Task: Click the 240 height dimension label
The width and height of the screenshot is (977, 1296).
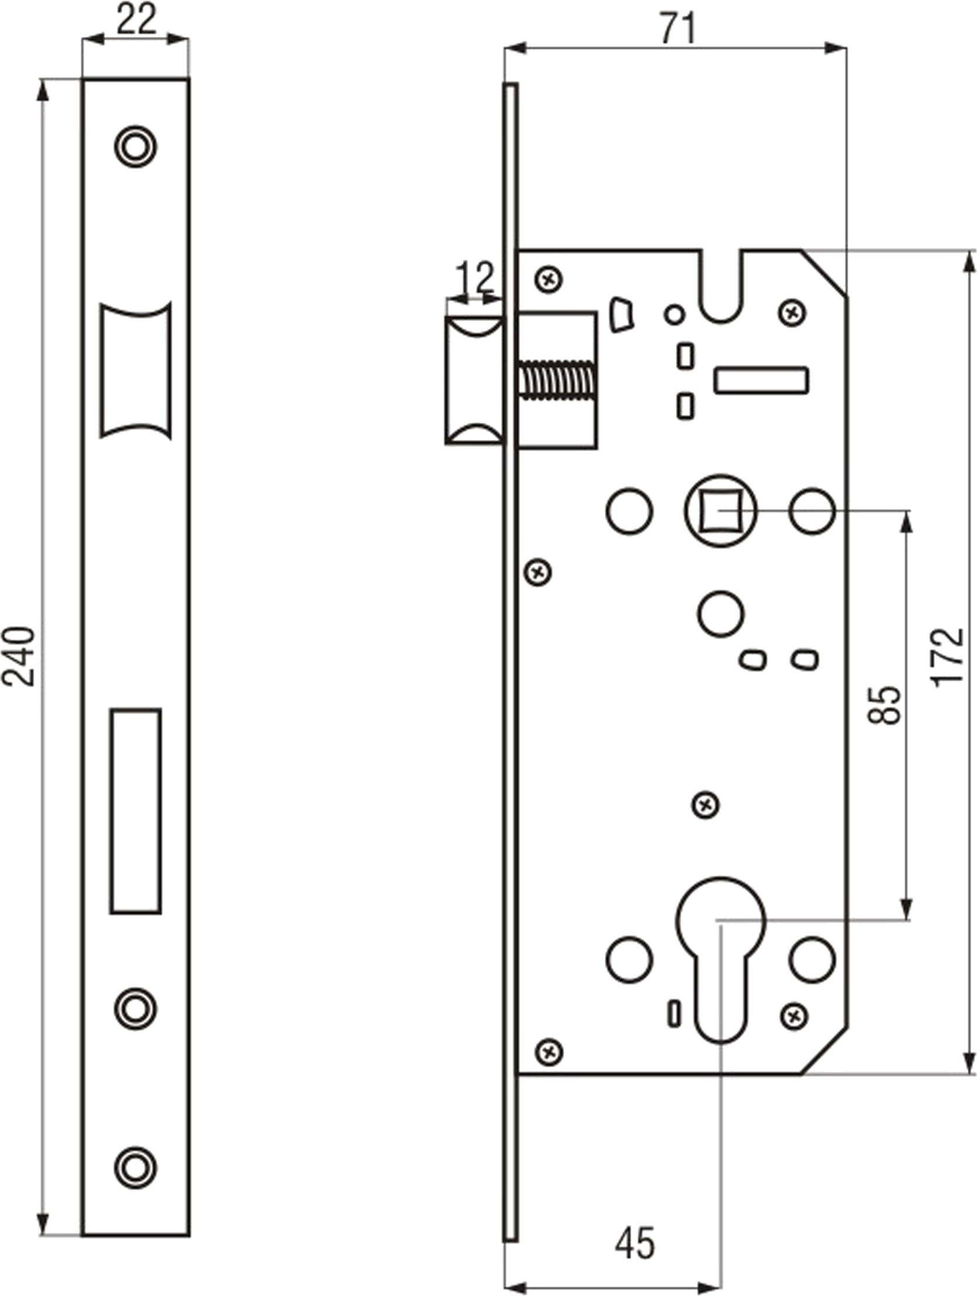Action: [x=19, y=656]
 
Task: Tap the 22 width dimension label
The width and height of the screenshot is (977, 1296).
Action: [x=136, y=19]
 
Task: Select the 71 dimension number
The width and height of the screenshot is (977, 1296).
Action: [x=678, y=29]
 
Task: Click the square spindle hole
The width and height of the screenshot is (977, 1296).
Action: [x=720, y=511]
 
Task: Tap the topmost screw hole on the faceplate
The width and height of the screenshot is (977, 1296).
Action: [x=135, y=146]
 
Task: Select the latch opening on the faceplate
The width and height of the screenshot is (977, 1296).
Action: [x=135, y=370]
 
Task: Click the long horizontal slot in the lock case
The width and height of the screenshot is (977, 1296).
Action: [x=761, y=380]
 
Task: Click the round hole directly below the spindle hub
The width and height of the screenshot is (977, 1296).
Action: [x=721, y=614]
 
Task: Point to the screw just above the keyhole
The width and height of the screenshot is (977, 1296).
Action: [x=706, y=805]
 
